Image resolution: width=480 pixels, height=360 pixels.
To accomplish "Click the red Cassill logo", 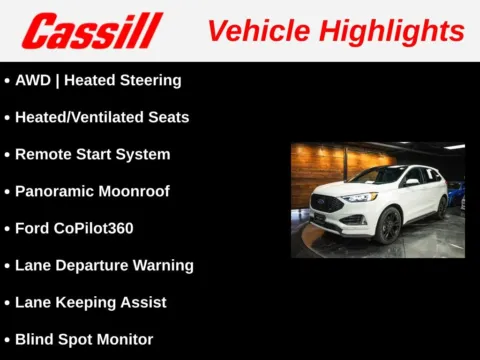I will click(x=92, y=31).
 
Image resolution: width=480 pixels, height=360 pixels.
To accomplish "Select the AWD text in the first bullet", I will click(x=33, y=80).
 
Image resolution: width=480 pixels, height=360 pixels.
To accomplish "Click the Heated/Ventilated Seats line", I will click(x=102, y=117).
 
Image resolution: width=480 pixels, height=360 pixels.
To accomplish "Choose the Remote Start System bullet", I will click(x=93, y=154).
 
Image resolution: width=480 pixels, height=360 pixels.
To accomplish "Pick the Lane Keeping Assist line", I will click(x=91, y=302).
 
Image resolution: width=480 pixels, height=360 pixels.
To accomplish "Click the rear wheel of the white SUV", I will click(x=441, y=207).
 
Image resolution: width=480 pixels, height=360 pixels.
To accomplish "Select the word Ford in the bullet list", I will click(x=31, y=228).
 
